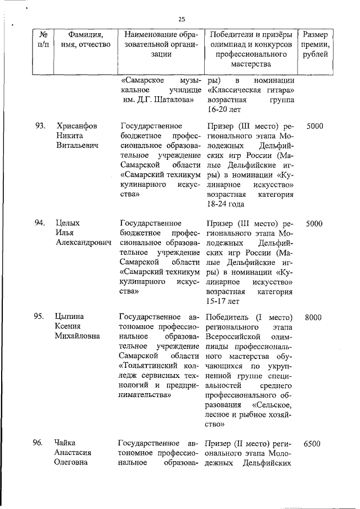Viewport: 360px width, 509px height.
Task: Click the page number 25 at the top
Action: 182,19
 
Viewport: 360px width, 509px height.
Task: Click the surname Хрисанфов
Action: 77,126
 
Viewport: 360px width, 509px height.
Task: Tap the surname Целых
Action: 68,223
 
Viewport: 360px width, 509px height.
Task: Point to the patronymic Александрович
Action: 84,242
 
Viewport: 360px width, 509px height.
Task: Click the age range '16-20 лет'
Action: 224,109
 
